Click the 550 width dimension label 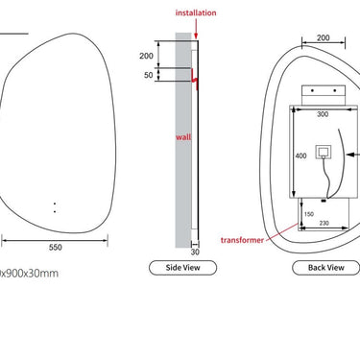coord(56,247)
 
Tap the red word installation coord(196,12)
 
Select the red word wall coord(183,137)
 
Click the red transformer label coord(242,240)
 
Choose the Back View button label coord(326,268)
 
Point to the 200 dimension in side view coord(146,56)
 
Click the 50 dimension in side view coord(149,75)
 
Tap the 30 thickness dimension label coord(195,252)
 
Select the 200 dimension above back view coord(324,37)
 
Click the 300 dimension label coord(323,114)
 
